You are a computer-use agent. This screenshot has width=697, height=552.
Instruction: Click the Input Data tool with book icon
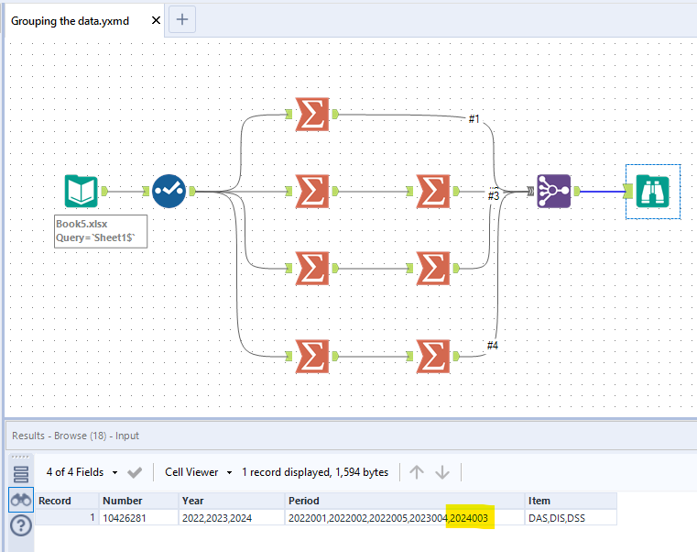point(81,191)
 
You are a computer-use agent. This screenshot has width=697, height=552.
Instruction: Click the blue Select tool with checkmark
point(169,191)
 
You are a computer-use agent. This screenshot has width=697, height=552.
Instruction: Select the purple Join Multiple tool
point(553,191)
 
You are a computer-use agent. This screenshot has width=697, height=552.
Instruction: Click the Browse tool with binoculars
point(653,191)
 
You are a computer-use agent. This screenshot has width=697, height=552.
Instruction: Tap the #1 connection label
point(474,119)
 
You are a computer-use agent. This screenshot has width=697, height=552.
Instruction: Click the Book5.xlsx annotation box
point(101,231)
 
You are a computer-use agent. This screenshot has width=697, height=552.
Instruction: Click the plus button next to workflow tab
point(182,19)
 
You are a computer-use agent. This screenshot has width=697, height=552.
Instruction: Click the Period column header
point(304,501)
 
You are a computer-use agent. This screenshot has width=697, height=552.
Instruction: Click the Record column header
point(55,501)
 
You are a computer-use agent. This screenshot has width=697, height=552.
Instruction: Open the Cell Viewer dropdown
point(198,472)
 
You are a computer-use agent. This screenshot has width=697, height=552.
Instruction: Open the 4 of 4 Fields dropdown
point(82,472)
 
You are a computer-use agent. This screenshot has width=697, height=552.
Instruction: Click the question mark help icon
point(19,525)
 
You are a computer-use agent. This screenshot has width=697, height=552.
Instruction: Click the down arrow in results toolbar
point(442,472)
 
